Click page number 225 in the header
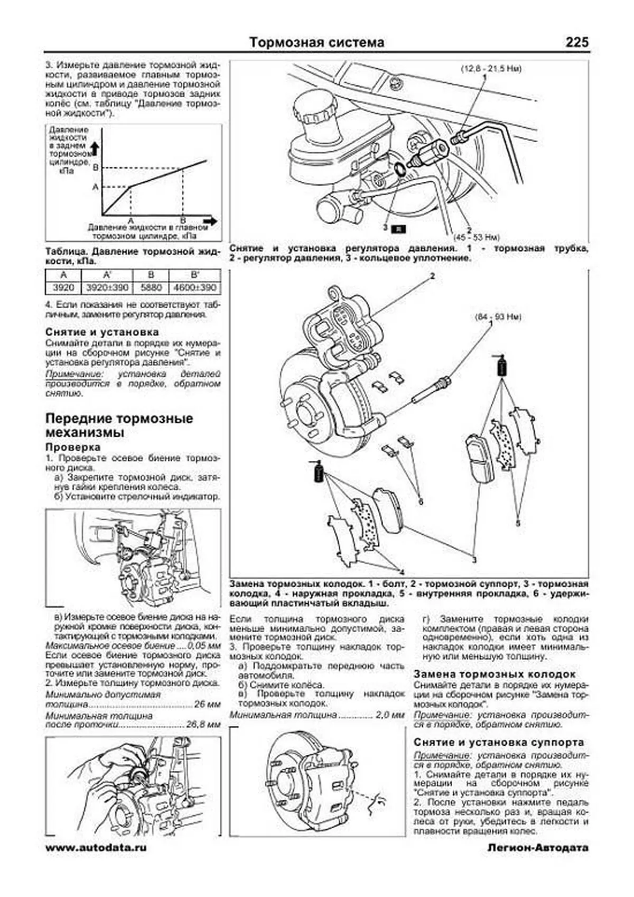pos(576,42)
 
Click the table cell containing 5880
pos(151,288)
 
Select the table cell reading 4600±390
pos(194,288)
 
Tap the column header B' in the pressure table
pos(194,275)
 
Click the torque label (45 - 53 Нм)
pos(476,237)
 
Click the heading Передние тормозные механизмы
pos(119,426)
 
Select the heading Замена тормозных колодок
pos(495,674)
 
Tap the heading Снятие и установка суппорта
pos(499,742)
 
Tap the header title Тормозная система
pos(316,42)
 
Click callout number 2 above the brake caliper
pos(432,276)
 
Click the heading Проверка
pos(73,447)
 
